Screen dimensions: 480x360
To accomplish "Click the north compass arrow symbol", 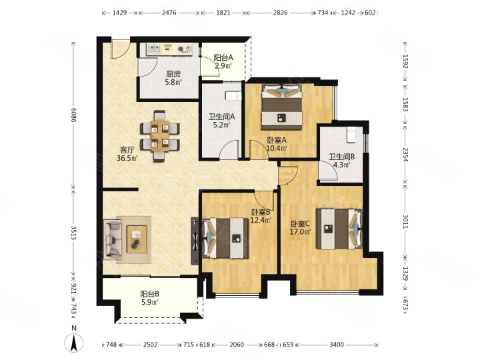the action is pos(73,343).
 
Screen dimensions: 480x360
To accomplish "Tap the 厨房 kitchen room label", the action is pos(173,74).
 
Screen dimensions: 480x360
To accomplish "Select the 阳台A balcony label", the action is pos(223,57).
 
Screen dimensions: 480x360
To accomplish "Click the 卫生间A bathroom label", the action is pos(221,117).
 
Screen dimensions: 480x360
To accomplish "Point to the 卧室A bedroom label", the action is pos(277,141).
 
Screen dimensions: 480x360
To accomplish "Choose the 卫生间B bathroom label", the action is pos(341,157).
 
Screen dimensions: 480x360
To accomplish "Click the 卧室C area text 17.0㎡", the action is pos(300,232).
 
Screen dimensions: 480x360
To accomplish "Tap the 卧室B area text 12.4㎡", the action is pos(261,220).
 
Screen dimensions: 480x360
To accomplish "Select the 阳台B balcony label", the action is pos(150,294).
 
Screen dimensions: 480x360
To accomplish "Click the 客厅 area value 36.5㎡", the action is pos(127,158).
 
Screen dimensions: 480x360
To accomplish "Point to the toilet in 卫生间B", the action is pos(351,135).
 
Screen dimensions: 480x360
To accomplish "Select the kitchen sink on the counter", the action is pos(154,49).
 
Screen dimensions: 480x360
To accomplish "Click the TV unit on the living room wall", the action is pos(195,241).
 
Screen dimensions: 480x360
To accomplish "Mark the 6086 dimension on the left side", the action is pos(73,115).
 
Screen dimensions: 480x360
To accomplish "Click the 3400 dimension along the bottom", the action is pos(337,345).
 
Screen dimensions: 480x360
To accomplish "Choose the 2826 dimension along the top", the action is pos(281,13).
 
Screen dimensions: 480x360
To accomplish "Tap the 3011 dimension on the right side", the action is pos(405,221).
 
